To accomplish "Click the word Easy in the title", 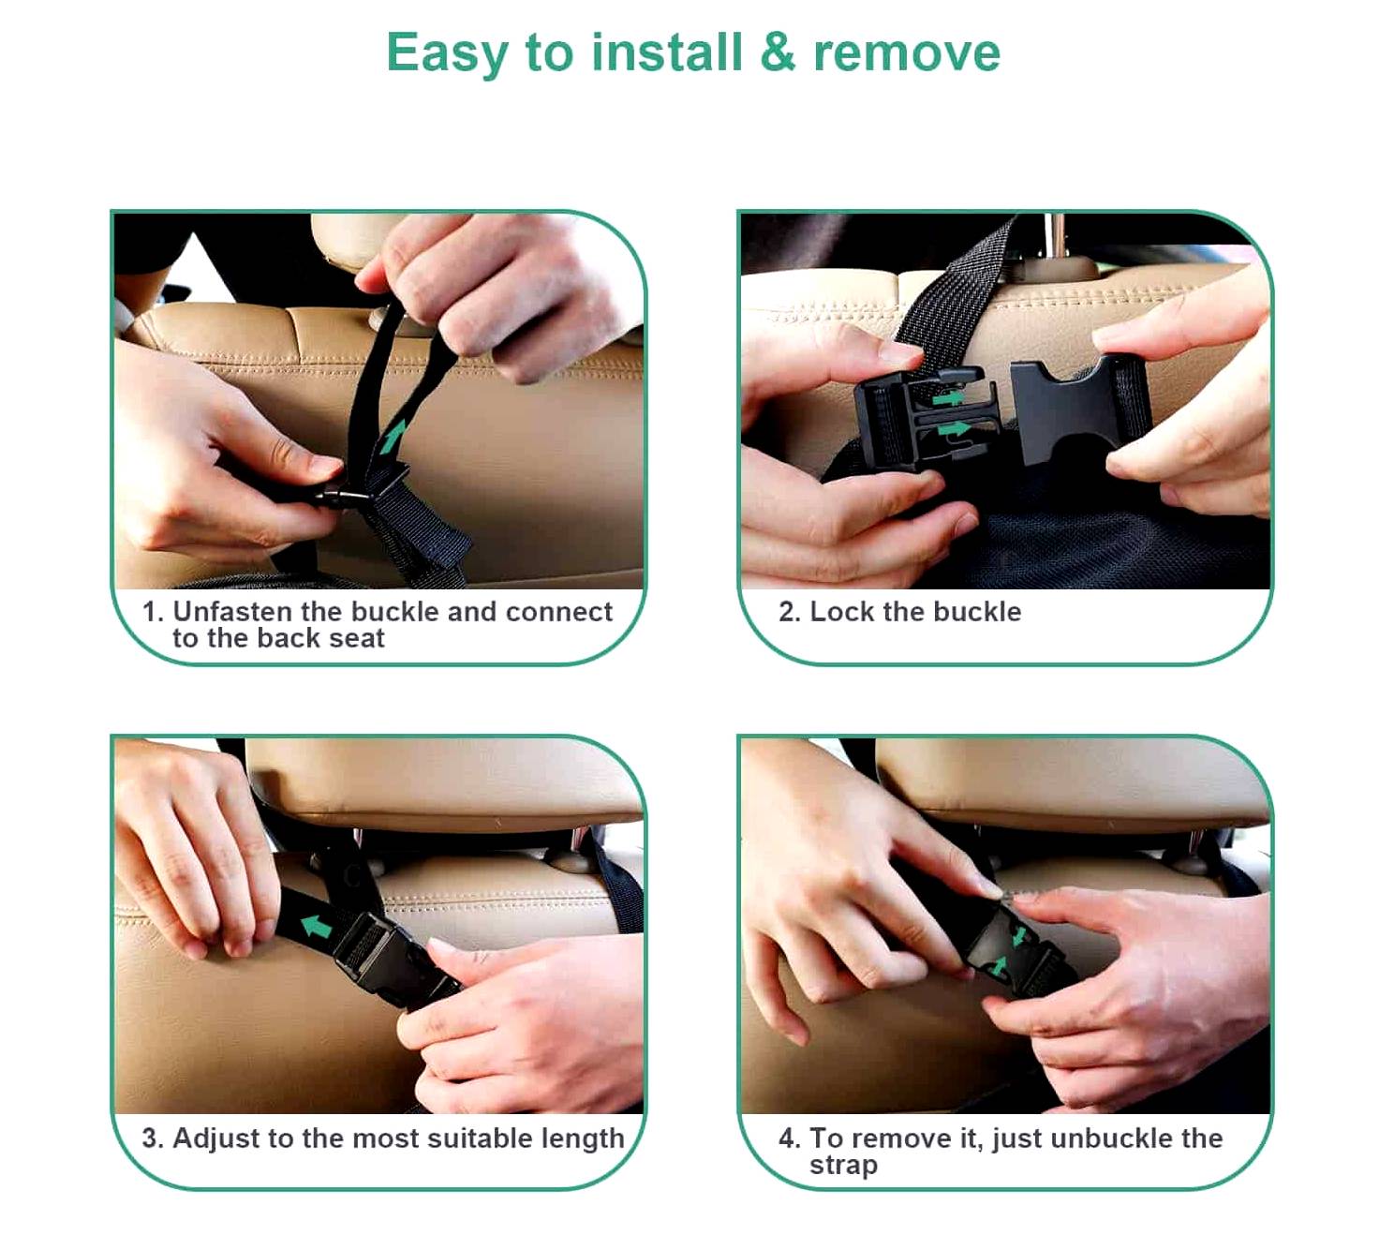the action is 447,54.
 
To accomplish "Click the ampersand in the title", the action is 778,52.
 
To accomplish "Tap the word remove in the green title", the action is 907,53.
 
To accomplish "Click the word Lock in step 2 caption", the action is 841,611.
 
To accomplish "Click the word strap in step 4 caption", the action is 843,1166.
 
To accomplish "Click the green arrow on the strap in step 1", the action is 392,437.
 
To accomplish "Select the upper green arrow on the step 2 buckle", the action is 947,398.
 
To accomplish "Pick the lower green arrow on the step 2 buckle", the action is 954,429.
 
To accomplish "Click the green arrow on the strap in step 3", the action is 318,926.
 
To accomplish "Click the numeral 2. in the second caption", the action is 790,611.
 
